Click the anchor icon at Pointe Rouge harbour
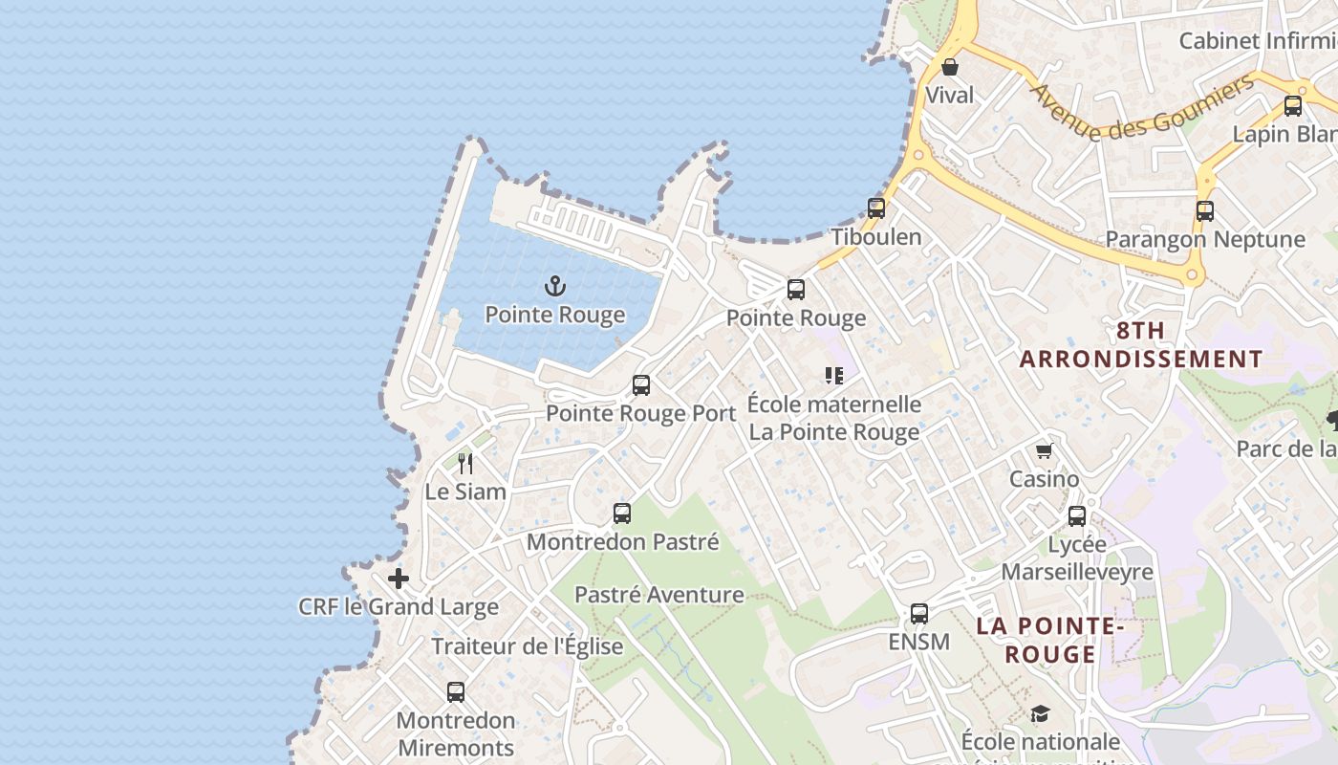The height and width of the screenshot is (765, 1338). tap(555, 286)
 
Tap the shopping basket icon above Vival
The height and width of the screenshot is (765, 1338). tap(950, 67)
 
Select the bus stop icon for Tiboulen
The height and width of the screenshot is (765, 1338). tap(876, 208)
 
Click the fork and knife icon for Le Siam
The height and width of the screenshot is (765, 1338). tap(465, 464)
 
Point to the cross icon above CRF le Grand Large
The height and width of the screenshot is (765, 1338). tap(399, 579)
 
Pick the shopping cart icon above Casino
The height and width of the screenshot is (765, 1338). tap(1044, 450)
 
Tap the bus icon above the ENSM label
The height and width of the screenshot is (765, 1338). tap(919, 613)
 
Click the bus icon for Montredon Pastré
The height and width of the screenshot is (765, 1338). tap(622, 514)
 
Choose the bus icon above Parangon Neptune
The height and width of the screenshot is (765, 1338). tap(1205, 211)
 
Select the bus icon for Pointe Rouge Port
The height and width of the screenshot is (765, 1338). tap(641, 385)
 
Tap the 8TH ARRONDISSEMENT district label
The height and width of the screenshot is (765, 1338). tap(1141, 345)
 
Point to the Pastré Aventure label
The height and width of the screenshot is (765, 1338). tap(658, 595)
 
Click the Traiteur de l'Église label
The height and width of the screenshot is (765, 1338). tap(528, 646)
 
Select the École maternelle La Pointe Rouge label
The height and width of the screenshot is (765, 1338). tap(834, 418)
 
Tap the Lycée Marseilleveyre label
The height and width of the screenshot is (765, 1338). tap(1077, 558)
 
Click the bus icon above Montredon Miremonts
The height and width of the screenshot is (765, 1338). tap(456, 691)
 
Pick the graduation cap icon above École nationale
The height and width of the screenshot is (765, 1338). tap(1040, 714)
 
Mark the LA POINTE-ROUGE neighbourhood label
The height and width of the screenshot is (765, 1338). tap(1049, 640)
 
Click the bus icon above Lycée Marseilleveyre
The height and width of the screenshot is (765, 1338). tap(1077, 516)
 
